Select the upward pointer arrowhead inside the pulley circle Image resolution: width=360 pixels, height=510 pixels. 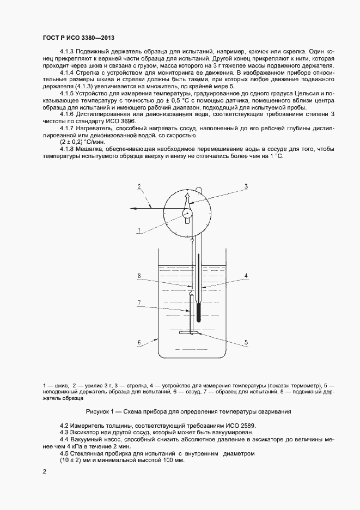187,196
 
